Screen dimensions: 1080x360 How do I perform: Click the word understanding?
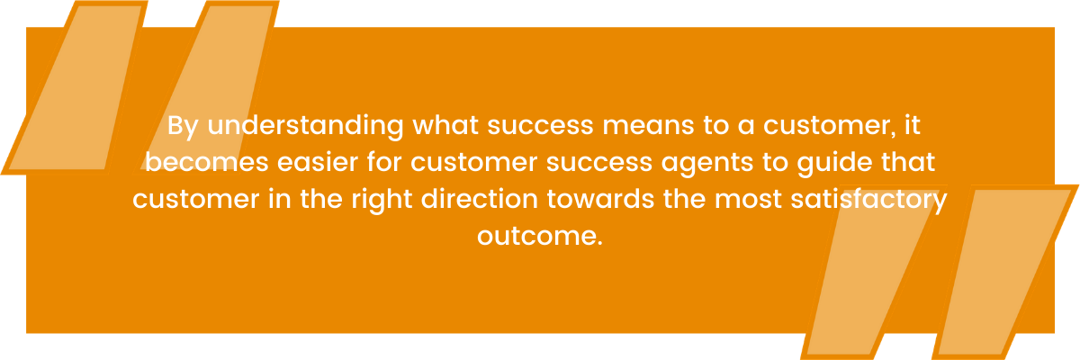pyautogui.click(x=305, y=127)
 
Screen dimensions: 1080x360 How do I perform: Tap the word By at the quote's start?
pyautogui.click(x=183, y=127)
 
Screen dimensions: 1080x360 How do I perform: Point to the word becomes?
pyautogui.click(x=206, y=162)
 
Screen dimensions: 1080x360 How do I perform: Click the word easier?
pyautogui.click(x=317, y=162)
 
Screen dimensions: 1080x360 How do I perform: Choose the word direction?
pyautogui.click(x=479, y=199)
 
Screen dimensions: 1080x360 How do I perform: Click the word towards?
pyautogui.click(x=600, y=199)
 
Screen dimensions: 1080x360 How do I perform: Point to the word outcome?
pyautogui.click(x=540, y=236)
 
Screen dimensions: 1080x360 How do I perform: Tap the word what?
pyautogui.click(x=445, y=125)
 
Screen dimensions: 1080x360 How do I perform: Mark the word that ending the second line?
pyautogui.click(x=908, y=162)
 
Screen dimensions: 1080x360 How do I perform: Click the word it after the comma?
pyautogui.click(x=913, y=125)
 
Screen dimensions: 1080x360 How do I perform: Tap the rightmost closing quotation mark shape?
pyautogui.click(x=1005, y=273)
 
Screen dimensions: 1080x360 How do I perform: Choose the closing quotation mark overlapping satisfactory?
pyautogui.click(x=873, y=273)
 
